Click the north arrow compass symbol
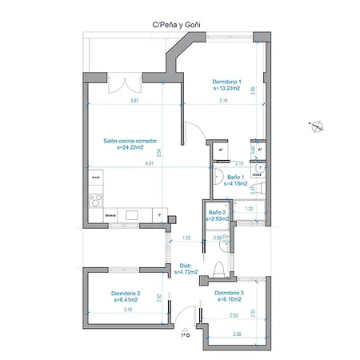point(317,124)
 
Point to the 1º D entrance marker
point(185,334)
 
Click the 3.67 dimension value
point(135,101)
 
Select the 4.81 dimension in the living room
point(149,163)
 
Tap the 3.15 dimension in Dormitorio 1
point(223,101)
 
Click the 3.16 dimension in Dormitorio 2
point(128,309)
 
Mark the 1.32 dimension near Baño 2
point(249,209)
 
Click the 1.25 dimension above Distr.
point(186,238)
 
